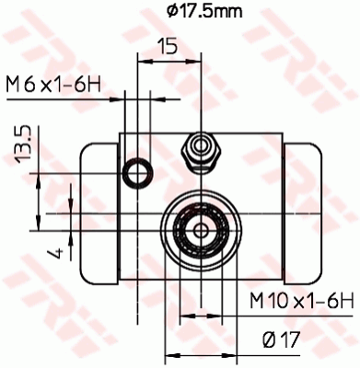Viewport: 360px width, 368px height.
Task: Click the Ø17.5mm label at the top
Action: (192, 11)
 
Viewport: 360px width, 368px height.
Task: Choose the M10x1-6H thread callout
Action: (302, 300)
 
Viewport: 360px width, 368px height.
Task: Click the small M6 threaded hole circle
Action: (138, 169)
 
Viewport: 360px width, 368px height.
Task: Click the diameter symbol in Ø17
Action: (266, 339)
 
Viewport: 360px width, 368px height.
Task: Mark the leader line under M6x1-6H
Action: (74, 98)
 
